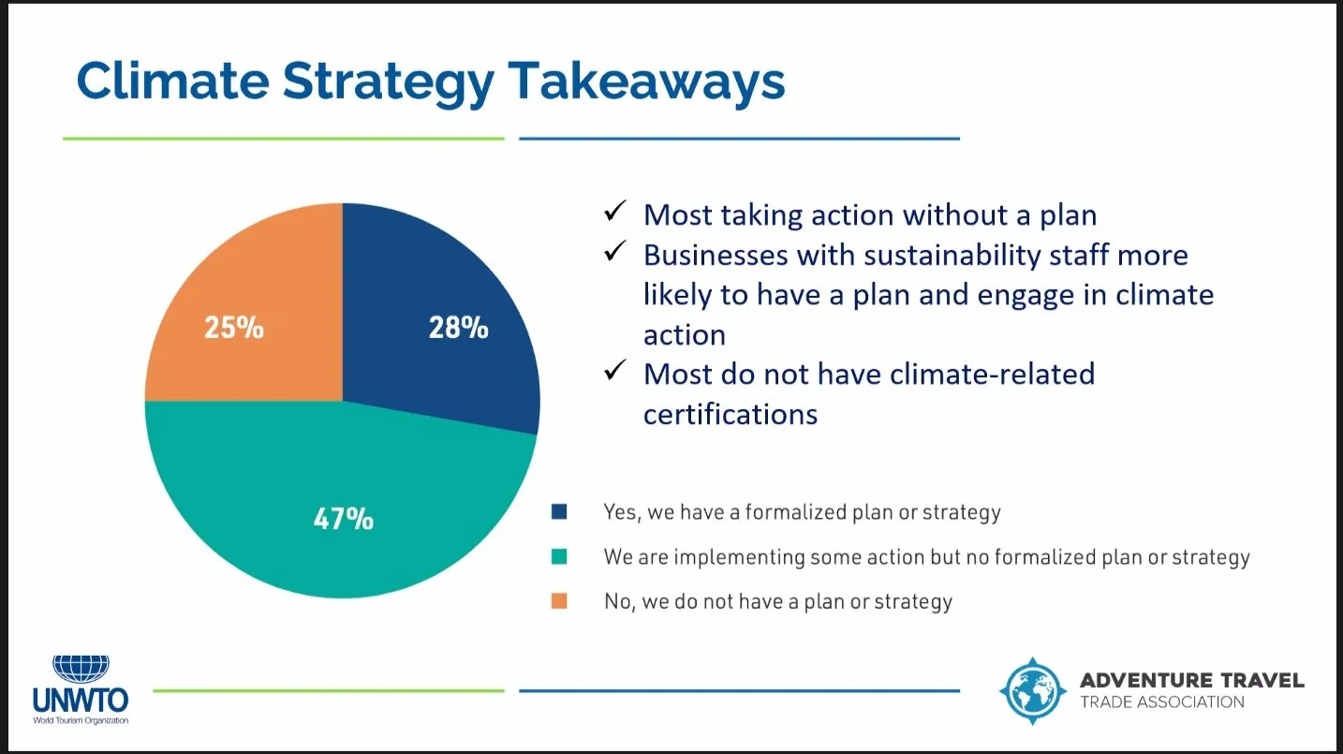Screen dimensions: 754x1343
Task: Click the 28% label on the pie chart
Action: click(x=458, y=328)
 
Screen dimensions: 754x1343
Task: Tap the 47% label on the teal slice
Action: click(x=343, y=518)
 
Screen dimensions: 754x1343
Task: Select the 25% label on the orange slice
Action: click(x=233, y=328)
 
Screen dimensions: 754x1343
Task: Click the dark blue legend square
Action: click(x=559, y=512)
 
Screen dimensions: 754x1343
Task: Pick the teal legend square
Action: click(x=559, y=557)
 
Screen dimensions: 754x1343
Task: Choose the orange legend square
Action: click(x=559, y=601)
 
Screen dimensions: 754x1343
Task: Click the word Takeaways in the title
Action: click(x=645, y=81)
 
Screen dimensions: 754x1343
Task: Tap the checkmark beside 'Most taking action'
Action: click(x=614, y=213)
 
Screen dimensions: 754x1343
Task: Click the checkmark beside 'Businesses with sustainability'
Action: click(x=614, y=253)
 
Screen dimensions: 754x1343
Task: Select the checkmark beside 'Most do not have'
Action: click(x=614, y=372)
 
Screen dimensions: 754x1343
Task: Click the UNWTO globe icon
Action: click(x=81, y=668)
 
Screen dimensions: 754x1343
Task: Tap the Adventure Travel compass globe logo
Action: click(x=1032, y=690)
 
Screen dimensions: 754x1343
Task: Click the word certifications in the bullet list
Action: click(x=730, y=413)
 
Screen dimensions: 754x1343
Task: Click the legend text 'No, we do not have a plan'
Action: click(x=777, y=601)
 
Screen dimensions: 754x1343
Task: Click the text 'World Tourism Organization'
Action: click(x=81, y=720)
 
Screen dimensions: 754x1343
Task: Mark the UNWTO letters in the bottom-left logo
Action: click(x=81, y=700)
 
